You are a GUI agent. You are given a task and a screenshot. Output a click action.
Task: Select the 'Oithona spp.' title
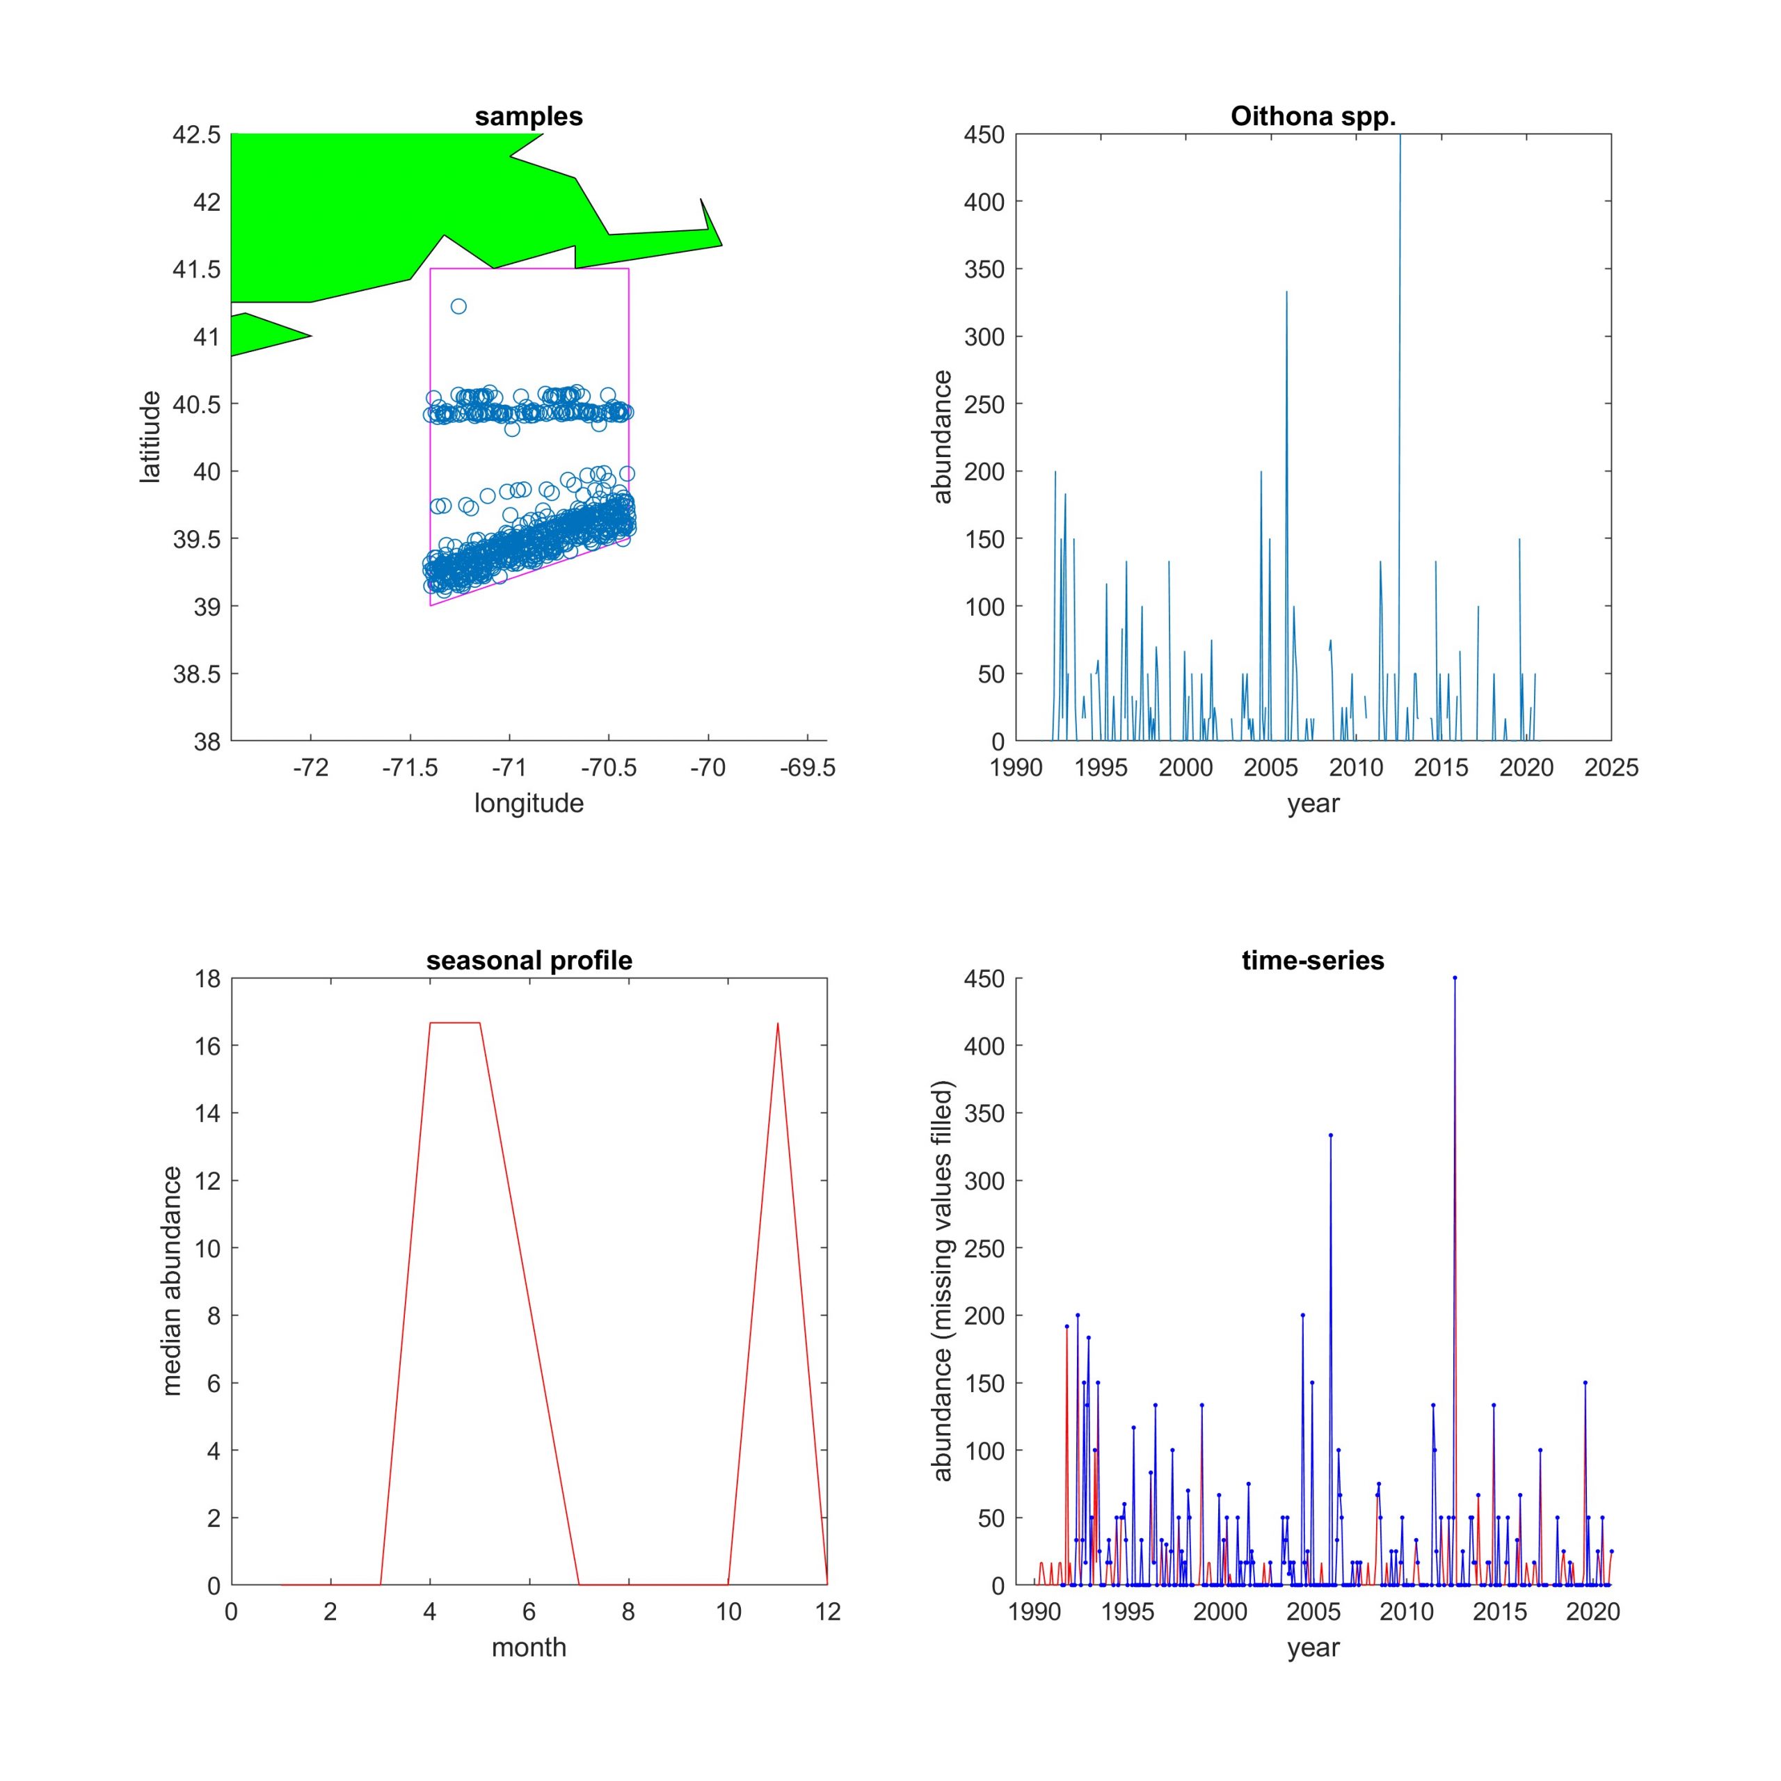(1313, 117)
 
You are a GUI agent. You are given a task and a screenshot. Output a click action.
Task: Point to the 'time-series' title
(1313, 961)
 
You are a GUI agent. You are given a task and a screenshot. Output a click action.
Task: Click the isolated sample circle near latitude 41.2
(458, 306)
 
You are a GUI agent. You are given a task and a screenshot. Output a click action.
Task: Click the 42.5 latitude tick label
(196, 134)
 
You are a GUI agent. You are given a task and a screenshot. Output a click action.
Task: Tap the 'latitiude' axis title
(150, 436)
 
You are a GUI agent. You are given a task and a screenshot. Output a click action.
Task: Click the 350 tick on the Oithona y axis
(984, 269)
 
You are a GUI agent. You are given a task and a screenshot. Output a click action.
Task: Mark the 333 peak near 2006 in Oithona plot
(1287, 292)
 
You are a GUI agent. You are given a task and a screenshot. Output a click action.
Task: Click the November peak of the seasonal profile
(778, 1023)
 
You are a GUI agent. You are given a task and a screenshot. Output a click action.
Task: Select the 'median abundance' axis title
(171, 1281)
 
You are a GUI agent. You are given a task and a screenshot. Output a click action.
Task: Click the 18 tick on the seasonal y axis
(208, 979)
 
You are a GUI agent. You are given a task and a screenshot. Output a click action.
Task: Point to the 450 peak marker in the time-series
(1455, 978)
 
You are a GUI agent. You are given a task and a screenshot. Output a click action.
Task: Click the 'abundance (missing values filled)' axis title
(941, 1281)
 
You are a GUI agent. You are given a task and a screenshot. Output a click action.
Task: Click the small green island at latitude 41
(263, 334)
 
